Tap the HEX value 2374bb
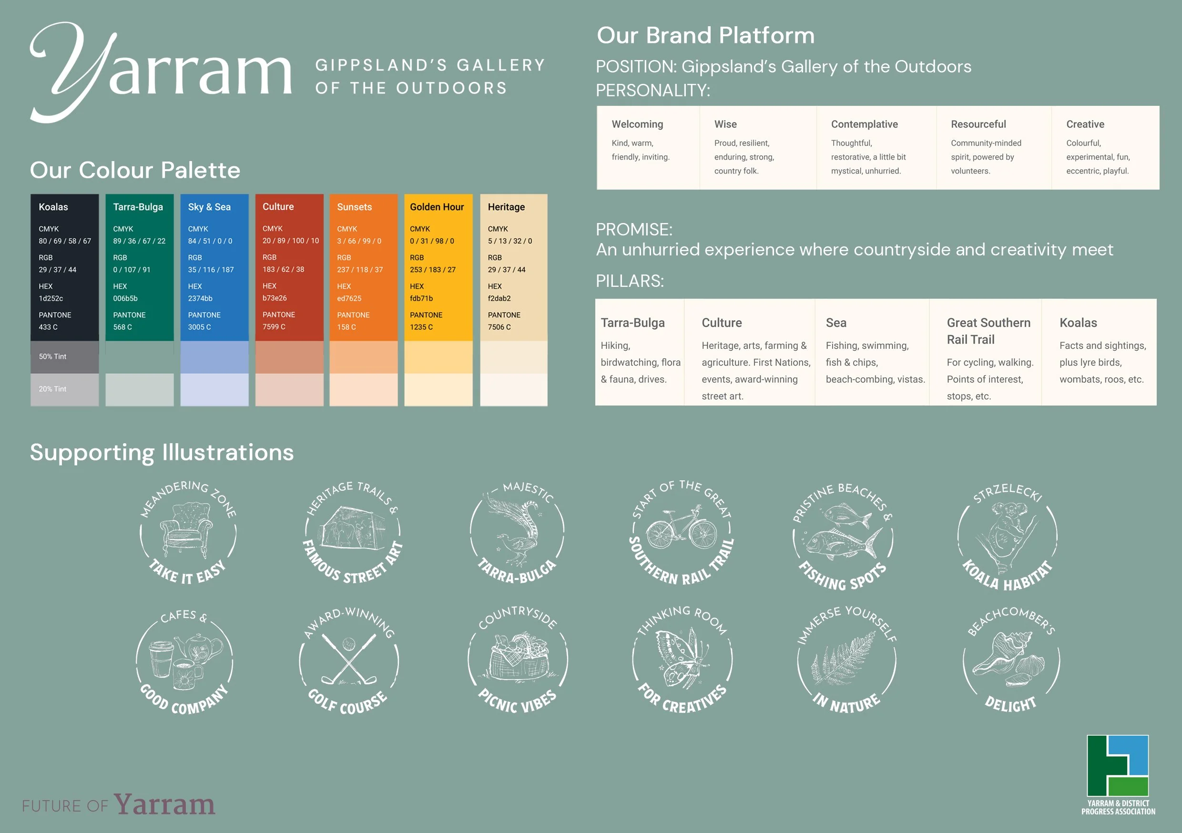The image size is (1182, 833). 200,299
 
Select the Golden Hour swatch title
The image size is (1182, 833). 437,207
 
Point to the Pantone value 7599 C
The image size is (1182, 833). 274,327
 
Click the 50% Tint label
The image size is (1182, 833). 52,356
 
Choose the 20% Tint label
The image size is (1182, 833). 52,389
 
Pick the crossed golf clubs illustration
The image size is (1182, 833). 349,660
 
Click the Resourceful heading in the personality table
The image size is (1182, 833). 978,124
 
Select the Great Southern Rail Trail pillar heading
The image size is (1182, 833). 988,331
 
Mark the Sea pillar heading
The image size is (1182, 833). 836,323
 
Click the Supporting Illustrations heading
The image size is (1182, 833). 162,453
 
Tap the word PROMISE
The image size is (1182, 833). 633,230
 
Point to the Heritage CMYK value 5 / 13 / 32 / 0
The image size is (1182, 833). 509,241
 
